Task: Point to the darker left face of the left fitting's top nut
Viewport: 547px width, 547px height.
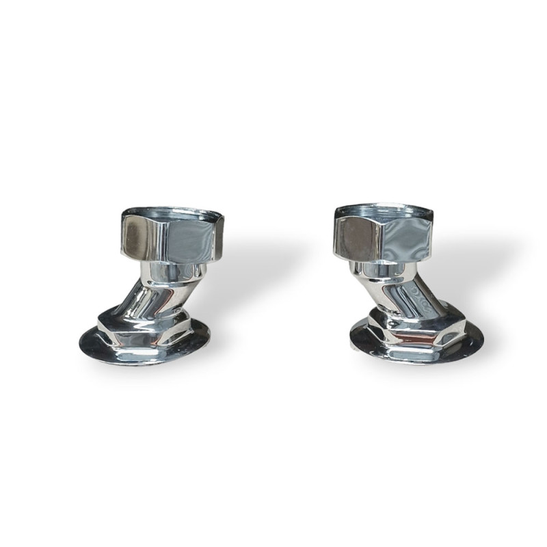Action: [x=135, y=233]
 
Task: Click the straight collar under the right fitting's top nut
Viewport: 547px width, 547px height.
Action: [x=383, y=269]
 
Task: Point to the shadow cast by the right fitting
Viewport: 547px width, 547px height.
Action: [x=472, y=280]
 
